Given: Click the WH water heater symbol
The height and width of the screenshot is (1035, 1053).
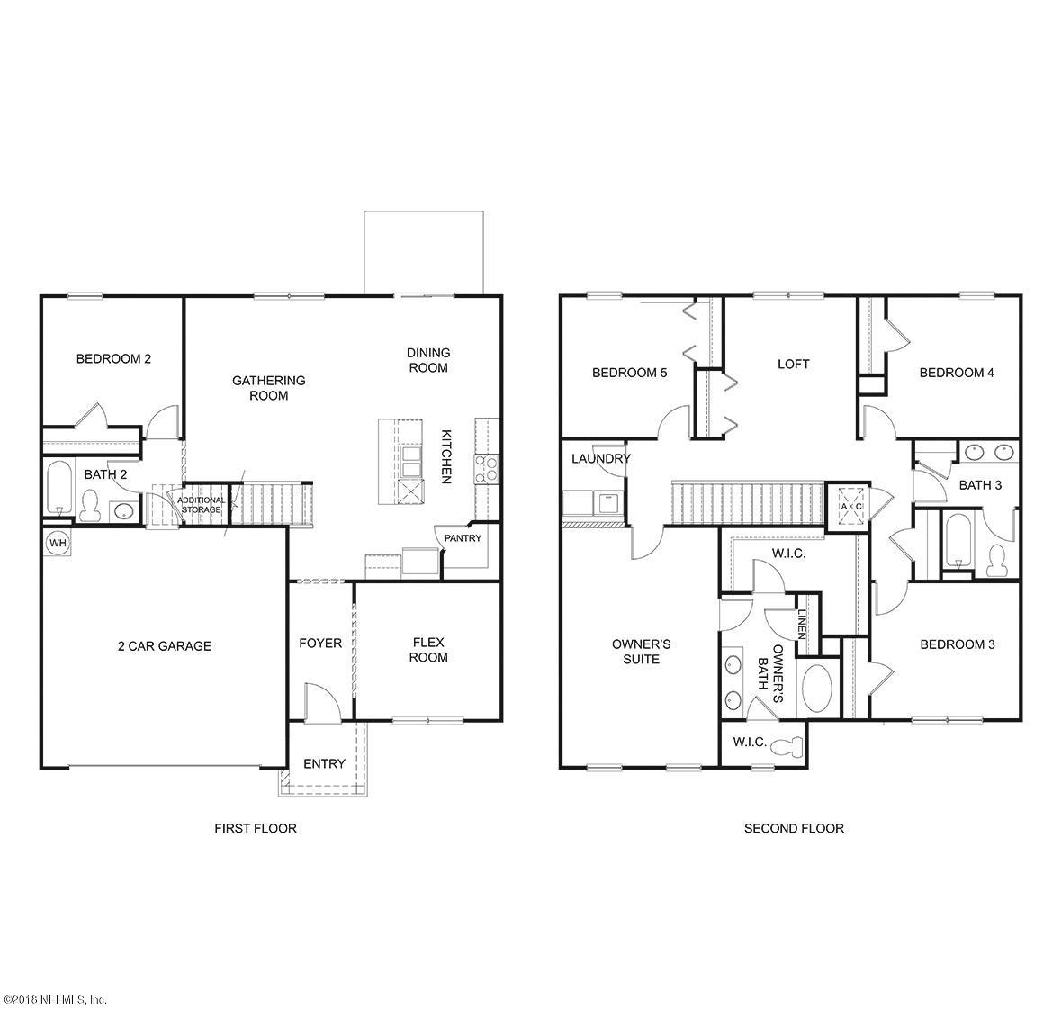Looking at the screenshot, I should [57, 543].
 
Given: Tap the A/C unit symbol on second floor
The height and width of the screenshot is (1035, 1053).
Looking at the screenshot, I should [850, 505].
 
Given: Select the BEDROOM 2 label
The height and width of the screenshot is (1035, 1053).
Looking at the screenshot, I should [113, 358].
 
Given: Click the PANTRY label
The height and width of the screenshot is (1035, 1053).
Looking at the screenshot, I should [463, 538].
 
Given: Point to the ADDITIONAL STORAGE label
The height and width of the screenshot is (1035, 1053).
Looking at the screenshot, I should [200, 504].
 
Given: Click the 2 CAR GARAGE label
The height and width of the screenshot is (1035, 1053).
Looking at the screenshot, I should [165, 645].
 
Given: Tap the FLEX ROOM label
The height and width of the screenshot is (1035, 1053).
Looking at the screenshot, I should [429, 650].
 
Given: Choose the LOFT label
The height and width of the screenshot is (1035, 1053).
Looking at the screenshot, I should [793, 364].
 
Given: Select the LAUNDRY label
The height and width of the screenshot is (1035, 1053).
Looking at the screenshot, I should [600, 459].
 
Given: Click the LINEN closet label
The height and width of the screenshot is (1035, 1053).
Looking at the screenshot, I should [802, 622].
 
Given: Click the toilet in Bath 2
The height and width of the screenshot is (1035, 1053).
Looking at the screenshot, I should [89, 505].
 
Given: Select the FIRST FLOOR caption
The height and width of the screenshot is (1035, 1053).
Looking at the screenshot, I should [255, 828].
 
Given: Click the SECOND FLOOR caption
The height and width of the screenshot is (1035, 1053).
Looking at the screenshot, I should [793, 828].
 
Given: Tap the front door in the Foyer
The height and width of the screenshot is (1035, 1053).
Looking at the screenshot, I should [320, 701].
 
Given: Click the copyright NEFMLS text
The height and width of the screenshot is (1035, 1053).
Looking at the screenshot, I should [55, 1000].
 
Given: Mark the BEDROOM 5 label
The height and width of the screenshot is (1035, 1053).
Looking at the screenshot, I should [629, 373].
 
